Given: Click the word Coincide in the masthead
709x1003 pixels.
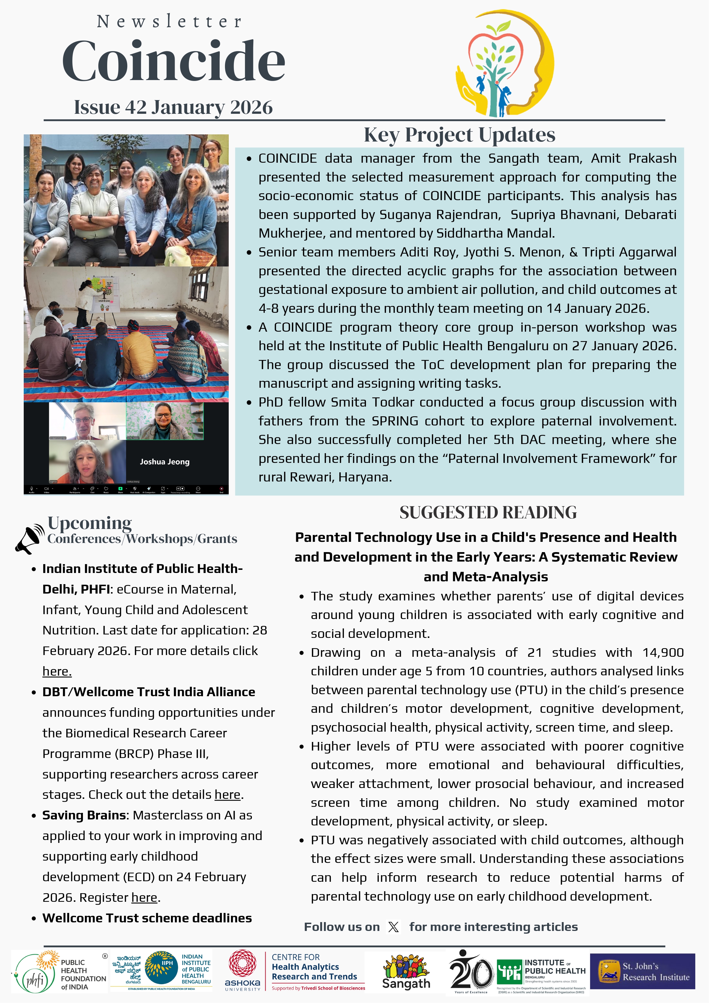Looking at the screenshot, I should pos(174,61).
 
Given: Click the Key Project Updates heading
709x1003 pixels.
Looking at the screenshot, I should pos(459,135).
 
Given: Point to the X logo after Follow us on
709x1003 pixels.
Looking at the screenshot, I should pos(393,927).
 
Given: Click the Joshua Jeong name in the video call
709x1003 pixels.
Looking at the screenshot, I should pos(165,462).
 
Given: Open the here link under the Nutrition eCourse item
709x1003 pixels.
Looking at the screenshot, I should pos(57,671).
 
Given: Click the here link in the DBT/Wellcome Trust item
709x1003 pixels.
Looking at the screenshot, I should pos(227,795).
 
